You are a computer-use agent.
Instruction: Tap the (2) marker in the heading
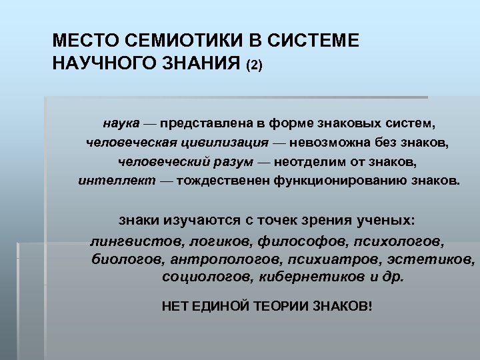coord(255,66)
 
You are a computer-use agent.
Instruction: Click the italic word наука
coord(121,123)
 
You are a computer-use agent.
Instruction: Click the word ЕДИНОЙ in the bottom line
coord(221,306)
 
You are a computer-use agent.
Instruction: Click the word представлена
coord(213,123)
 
